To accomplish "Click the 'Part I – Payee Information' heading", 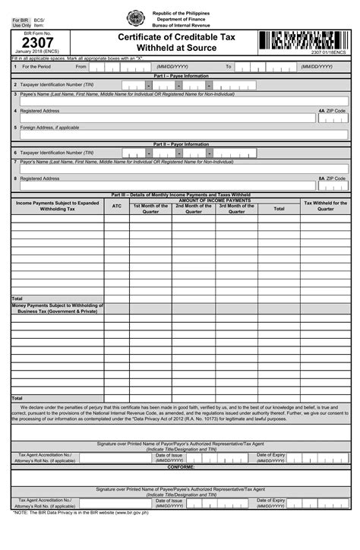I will (181, 76).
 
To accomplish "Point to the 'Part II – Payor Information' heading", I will (181, 144).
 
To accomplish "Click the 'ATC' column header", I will (116, 206).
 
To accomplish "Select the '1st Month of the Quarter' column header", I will (150, 208).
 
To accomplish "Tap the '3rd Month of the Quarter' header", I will (236, 208).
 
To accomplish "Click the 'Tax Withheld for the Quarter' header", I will (325, 205).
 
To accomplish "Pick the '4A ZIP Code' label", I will (332, 111).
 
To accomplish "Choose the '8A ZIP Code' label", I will (332, 179).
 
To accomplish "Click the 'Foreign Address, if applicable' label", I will (49, 128).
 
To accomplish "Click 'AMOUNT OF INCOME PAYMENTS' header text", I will (214, 200).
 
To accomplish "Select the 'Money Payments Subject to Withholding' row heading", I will (58, 308).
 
